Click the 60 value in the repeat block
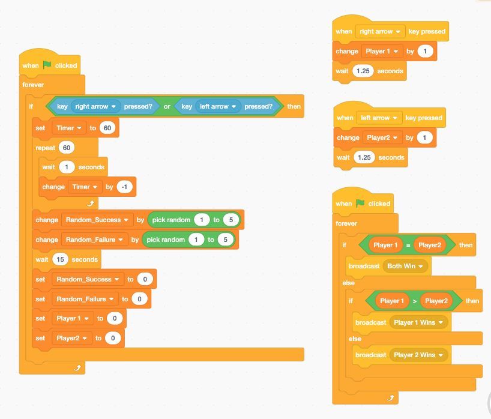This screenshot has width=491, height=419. [x=67, y=148]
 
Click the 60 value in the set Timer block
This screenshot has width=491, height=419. [x=107, y=128]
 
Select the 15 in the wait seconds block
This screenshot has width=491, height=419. [x=60, y=259]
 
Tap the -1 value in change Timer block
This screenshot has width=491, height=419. [x=124, y=187]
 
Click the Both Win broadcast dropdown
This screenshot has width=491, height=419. [x=405, y=266]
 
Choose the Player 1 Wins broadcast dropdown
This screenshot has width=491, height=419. [x=418, y=322]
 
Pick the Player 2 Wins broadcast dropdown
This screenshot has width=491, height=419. [x=418, y=355]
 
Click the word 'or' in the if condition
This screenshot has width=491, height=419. [x=167, y=106]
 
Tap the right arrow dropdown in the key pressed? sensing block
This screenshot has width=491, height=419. [x=95, y=106]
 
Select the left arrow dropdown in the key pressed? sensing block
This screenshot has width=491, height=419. [x=218, y=106]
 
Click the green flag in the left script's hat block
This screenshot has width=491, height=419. [x=47, y=65]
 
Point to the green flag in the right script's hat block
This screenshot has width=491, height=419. [x=360, y=203]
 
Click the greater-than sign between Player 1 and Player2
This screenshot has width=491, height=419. [x=415, y=301]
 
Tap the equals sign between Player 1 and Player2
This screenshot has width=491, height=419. [x=408, y=245]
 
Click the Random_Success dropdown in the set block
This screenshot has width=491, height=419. [x=88, y=279]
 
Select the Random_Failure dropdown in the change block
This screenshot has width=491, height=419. [x=95, y=240]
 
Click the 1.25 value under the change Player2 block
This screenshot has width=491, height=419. [x=364, y=157]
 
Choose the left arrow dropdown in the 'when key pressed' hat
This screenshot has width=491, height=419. [x=379, y=118]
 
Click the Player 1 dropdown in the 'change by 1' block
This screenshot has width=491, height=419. [x=382, y=51]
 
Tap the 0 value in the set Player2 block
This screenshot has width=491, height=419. [x=113, y=338]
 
